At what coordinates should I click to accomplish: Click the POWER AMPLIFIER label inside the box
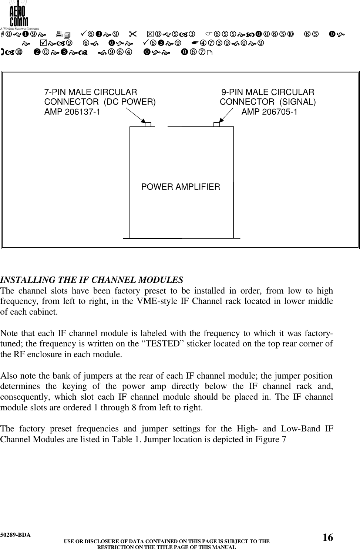[x=181, y=187]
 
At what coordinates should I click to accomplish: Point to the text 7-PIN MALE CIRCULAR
[x=91, y=92]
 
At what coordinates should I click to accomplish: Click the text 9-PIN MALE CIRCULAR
[x=268, y=92]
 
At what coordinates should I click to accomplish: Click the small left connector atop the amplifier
[x=148, y=124]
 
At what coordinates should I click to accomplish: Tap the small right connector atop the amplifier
[x=217, y=124]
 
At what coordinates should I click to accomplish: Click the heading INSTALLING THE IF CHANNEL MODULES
[x=92, y=279]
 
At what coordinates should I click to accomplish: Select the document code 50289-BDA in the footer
[x=16, y=535]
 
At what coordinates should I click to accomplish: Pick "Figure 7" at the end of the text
[x=272, y=440]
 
